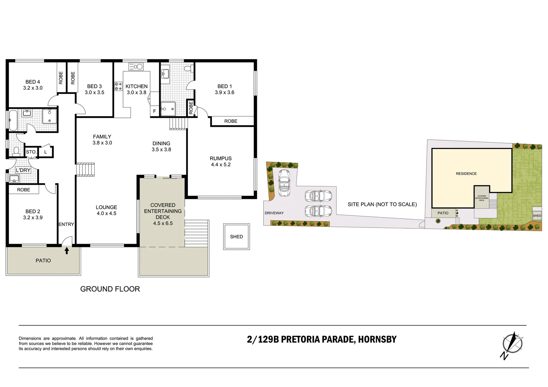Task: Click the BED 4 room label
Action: tap(33, 85)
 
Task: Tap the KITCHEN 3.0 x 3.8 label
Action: tap(136, 89)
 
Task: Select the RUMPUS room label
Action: tap(221, 161)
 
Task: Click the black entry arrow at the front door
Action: tap(67, 250)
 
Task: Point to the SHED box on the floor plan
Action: tap(236, 236)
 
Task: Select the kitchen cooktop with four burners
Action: tap(118, 86)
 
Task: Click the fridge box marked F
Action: tap(155, 111)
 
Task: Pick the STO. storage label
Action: tap(31, 152)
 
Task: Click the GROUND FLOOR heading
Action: tap(110, 289)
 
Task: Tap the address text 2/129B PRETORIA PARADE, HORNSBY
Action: tap(322, 339)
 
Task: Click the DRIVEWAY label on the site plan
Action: tap(274, 213)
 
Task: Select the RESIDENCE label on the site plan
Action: tap(466, 173)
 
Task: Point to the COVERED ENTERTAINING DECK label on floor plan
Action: tap(163, 214)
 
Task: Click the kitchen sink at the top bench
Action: tap(136, 66)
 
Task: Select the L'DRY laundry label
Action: tap(23, 170)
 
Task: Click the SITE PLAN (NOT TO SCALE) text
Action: tap(382, 204)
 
